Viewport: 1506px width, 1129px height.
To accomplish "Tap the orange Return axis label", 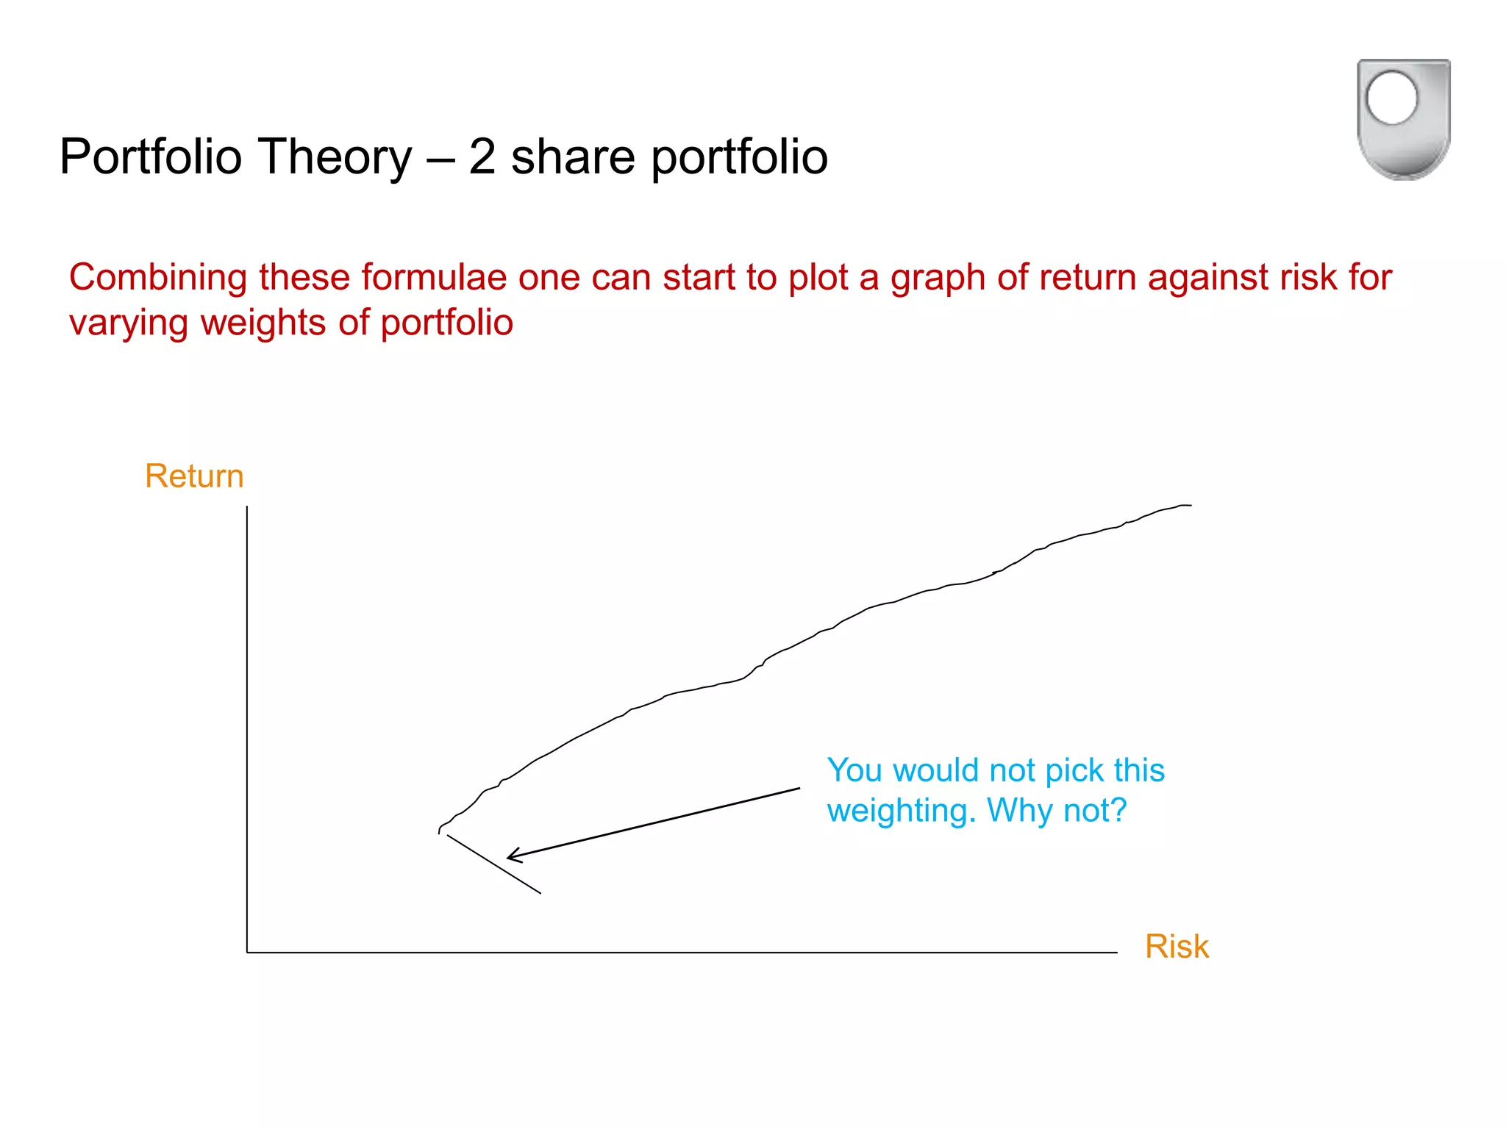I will coord(194,476).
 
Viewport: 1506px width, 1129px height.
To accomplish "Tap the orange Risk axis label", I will coord(1177,947).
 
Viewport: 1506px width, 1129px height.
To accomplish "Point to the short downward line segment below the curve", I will coord(494,864).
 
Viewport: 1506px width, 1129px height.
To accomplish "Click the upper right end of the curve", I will coord(1189,506).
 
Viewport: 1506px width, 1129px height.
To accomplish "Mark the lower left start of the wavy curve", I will coord(440,831).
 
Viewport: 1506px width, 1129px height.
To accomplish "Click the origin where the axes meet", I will coord(247,953).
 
